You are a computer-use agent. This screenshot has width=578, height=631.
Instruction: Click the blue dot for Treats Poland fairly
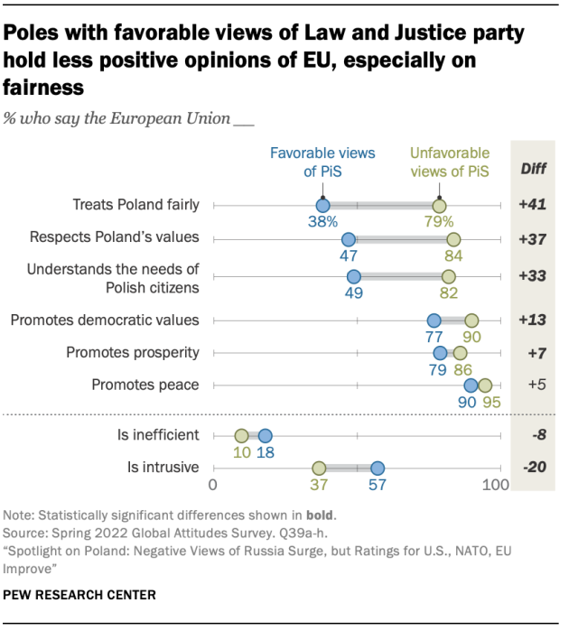click(322, 206)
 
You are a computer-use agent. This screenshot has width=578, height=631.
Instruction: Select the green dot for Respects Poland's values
click(453, 239)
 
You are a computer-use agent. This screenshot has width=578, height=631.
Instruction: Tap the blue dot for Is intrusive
click(378, 468)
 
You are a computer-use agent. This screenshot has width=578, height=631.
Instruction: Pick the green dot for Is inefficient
click(241, 435)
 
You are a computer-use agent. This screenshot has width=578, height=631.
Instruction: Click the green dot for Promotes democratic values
click(471, 320)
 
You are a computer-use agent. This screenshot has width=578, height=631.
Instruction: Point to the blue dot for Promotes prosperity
click(440, 353)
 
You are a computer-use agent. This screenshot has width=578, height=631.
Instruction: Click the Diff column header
click(533, 169)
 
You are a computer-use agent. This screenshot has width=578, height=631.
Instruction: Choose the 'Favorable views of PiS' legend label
click(322, 162)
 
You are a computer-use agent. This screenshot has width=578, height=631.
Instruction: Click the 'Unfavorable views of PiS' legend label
click(449, 162)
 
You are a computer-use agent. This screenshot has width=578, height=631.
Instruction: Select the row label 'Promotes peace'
click(145, 385)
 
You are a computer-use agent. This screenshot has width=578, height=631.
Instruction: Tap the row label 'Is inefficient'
click(158, 435)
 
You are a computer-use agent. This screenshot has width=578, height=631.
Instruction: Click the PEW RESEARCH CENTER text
click(79, 595)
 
